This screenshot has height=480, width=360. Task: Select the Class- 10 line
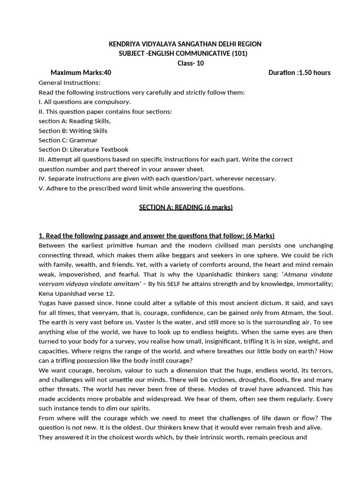190,63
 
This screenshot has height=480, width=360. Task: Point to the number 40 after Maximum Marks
107,73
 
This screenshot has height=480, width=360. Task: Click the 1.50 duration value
307,73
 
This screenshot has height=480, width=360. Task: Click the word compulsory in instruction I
114,102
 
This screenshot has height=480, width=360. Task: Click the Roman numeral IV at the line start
42,179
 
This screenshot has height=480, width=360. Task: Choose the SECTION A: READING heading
186,207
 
